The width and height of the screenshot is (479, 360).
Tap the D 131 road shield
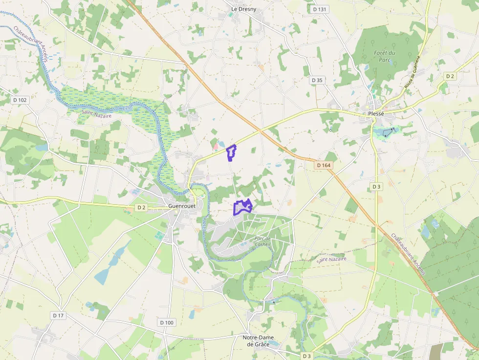pyautogui.click(x=319, y=9)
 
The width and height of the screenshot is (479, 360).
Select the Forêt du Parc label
pyautogui.click(x=385, y=56)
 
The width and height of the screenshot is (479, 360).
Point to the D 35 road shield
pyautogui.click(x=317, y=80)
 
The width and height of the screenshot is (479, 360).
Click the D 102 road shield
pyautogui.click(x=21, y=100)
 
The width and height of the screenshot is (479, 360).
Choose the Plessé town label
pyautogui.click(x=376, y=114)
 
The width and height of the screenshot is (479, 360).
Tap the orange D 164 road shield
pyautogui.click(x=324, y=165)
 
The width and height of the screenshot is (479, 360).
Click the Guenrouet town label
pyautogui.click(x=182, y=206)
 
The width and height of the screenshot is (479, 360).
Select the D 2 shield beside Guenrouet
pyautogui.click(x=141, y=208)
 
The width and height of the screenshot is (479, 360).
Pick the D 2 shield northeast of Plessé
pyautogui.click(x=450, y=76)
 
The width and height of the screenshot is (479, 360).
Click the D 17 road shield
pyautogui.click(x=58, y=316)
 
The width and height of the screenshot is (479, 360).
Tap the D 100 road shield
pyautogui.click(x=167, y=322)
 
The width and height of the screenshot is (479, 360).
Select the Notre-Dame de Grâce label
pyautogui.click(x=260, y=340)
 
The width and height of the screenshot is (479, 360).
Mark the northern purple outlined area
pyautogui.click(x=231, y=153)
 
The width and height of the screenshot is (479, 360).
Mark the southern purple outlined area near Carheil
pyautogui.click(x=242, y=207)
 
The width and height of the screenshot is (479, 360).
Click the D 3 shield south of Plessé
pyautogui.click(x=376, y=187)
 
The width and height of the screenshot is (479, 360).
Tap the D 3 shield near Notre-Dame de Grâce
pyautogui.click(x=306, y=356)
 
